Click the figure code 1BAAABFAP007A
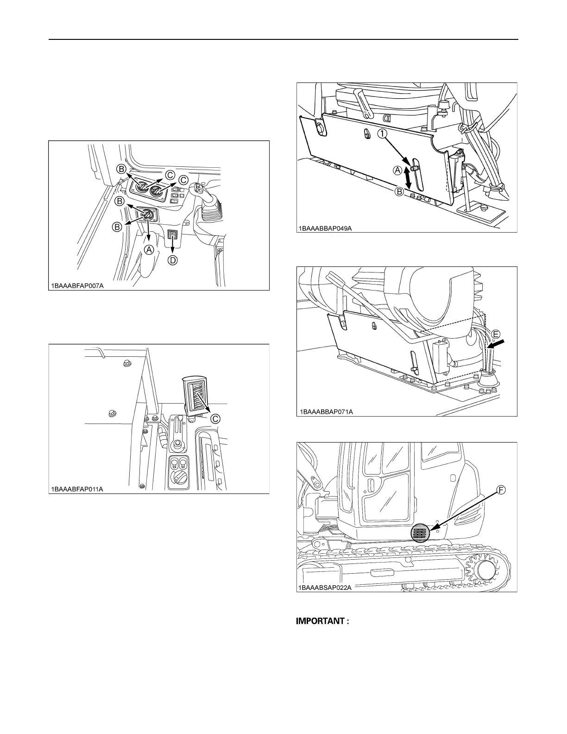click(77, 285)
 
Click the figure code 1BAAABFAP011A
click(77, 489)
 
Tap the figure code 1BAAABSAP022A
click(326, 588)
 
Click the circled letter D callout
click(172, 260)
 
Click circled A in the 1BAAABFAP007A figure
click(149, 249)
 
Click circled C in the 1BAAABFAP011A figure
click(215, 418)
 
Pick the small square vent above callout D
click(173, 237)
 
